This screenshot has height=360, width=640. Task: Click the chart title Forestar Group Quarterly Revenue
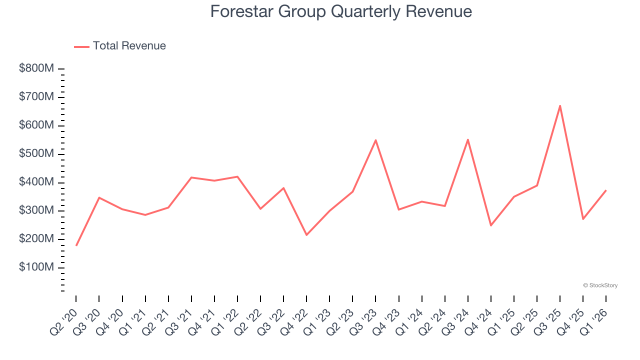(x=340, y=11)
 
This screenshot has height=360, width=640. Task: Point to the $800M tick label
(x=36, y=68)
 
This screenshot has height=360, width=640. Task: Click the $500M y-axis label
(x=36, y=153)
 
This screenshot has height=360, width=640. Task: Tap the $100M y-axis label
(x=36, y=267)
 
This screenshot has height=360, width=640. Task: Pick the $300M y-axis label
(x=36, y=210)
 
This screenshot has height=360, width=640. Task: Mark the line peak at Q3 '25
(x=560, y=105)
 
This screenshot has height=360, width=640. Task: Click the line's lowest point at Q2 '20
(x=76, y=245)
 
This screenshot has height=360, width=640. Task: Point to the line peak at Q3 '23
(x=375, y=140)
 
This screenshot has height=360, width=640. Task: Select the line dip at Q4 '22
(x=306, y=235)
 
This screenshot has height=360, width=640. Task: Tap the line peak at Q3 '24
(x=468, y=139)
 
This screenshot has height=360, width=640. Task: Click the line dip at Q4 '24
(x=491, y=225)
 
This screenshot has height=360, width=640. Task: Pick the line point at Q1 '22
(x=237, y=176)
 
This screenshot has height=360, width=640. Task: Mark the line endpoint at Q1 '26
(x=606, y=190)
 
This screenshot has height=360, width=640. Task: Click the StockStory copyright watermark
(x=600, y=285)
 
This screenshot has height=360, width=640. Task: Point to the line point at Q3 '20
(x=99, y=197)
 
